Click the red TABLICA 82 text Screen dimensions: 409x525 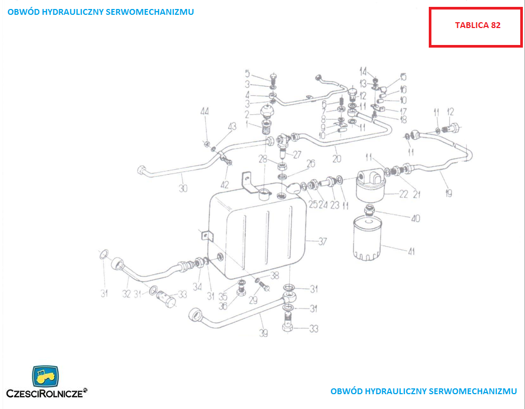pyautogui.click(x=477, y=25)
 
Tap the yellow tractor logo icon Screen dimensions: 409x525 pyautogui.click(x=45, y=376)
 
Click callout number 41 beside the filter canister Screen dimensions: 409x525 pyautogui.click(x=411, y=252)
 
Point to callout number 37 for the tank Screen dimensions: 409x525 pyautogui.click(x=323, y=241)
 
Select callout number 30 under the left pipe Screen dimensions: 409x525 pyautogui.click(x=183, y=188)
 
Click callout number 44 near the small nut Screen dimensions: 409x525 pyautogui.click(x=205, y=111)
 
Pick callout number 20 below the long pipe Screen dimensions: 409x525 pyautogui.click(x=337, y=158)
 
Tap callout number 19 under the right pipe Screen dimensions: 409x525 pyautogui.click(x=448, y=194)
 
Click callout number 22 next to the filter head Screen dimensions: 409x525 pyautogui.click(x=404, y=194)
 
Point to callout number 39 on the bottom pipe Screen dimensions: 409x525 pyautogui.click(x=263, y=333)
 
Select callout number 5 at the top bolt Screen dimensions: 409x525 pyautogui.click(x=247, y=72)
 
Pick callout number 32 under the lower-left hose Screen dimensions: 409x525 pyautogui.click(x=126, y=294)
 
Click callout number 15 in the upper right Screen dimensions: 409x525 pyautogui.click(x=403, y=77)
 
